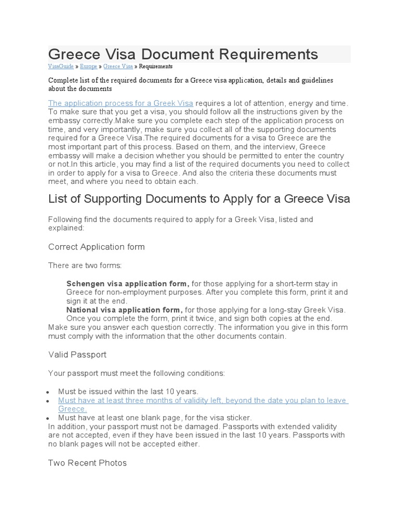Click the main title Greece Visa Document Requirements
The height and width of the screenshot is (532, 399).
[183, 54]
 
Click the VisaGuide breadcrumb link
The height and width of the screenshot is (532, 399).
[61, 66]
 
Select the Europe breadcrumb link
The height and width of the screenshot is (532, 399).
[88, 66]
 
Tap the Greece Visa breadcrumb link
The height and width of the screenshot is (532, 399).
[118, 66]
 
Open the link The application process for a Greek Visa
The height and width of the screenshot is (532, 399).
[121, 103]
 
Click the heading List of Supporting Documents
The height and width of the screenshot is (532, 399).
[199, 198]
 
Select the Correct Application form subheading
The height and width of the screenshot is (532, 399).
[96, 246]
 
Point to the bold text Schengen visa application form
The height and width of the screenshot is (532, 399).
[128, 284]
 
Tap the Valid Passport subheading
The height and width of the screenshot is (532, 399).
[77, 354]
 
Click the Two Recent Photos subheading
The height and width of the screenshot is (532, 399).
[87, 462]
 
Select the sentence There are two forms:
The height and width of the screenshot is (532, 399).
[85, 265]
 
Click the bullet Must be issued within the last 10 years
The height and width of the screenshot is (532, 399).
[128, 391]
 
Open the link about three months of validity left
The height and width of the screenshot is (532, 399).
[203, 401]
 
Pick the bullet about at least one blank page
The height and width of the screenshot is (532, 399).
[154, 417]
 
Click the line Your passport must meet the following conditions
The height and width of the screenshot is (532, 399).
[137, 373]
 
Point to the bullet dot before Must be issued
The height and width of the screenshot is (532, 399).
[48, 392]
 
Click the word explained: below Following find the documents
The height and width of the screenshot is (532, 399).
[65, 228]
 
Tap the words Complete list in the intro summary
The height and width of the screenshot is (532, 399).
[65, 80]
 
